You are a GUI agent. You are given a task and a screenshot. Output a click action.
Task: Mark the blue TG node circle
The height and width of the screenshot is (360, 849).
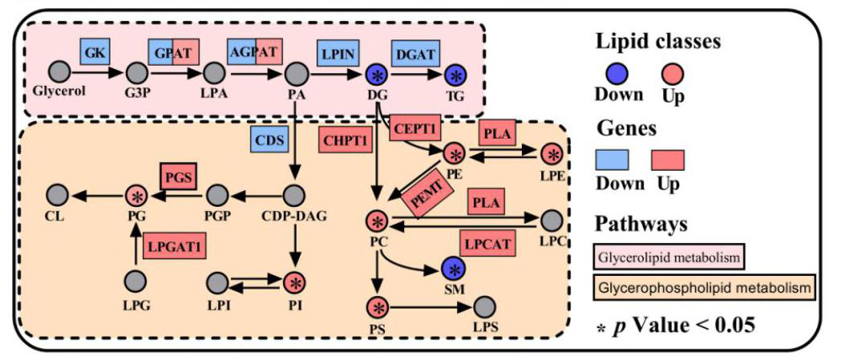click(x=456, y=75)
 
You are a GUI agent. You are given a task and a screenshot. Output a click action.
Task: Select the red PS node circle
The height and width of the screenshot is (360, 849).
click(x=377, y=307)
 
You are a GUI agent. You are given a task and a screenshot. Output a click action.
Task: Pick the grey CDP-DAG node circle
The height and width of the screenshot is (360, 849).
click(x=296, y=195)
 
